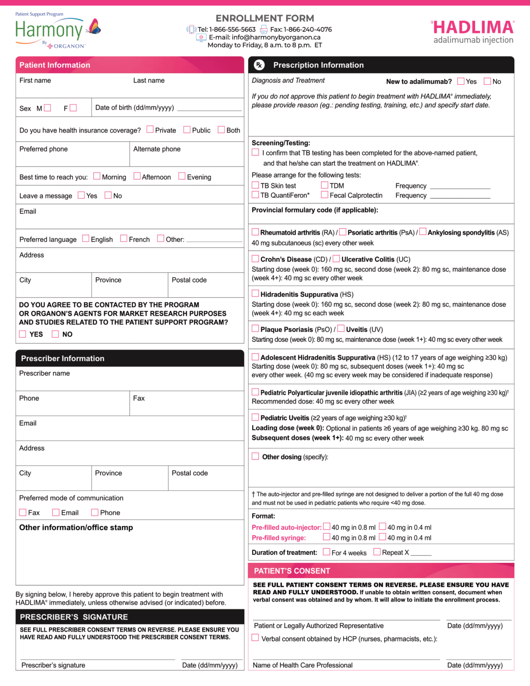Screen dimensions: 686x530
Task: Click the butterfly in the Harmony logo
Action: coord(95,27)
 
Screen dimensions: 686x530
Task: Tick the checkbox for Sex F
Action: coord(73,108)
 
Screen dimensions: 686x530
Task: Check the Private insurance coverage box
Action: coord(150,130)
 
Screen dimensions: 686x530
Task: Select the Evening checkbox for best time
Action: coord(182,176)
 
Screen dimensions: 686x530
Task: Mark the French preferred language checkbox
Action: coord(124,238)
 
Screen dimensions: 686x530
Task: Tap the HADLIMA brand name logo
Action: coord(474,28)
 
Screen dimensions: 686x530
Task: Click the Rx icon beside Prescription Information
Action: coord(259,65)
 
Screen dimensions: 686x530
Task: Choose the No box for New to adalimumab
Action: coord(487,81)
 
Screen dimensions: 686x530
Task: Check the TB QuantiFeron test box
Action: coord(255,195)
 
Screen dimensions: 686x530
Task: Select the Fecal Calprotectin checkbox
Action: coord(325,195)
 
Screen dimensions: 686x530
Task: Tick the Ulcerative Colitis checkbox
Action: coord(336,259)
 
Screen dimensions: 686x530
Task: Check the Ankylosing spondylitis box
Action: coord(422,232)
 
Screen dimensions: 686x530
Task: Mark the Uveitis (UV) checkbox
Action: coord(341,329)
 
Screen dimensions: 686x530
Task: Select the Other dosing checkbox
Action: coord(255,456)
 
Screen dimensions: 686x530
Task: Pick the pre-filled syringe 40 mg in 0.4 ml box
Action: coord(382,537)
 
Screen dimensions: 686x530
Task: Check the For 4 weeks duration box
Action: coord(326,552)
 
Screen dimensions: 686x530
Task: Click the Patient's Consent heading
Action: coord(292,571)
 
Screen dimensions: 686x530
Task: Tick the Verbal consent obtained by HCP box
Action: coord(255,638)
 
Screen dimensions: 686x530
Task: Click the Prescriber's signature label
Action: coord(53,665)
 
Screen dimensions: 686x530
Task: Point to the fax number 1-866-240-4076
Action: coord(308,29)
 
